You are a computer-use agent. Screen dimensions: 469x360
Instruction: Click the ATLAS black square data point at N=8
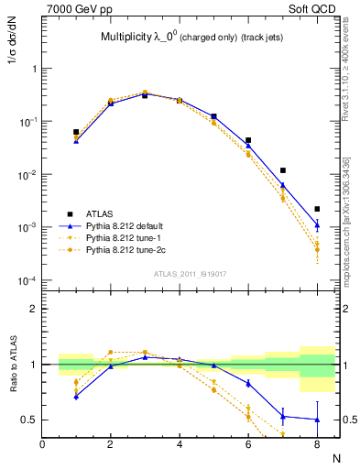click(x=316, y=209)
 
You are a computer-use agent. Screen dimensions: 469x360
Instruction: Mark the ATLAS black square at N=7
click(x=283, y=170)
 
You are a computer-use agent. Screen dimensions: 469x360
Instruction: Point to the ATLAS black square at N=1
click(x=76, y=132)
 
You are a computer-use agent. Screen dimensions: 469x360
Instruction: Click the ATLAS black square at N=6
click(x=248, y=141)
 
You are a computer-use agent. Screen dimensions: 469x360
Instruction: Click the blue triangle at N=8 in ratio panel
click(x=316, y=420)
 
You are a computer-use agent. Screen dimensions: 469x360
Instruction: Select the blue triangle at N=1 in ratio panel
click(x=76, y=397)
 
